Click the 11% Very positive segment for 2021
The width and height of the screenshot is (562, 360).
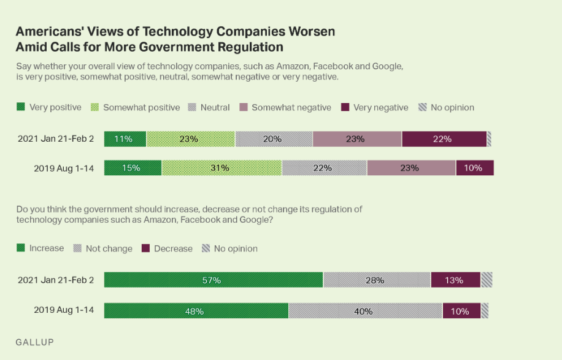[125, 139]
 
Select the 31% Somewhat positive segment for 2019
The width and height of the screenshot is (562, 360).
[221, 168]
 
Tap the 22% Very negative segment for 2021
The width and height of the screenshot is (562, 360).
[444, 139]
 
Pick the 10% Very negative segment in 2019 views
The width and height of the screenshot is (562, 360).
[474, 168]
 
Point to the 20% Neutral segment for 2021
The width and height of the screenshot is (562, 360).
[274, 139]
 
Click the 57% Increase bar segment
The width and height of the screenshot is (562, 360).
[214, 280]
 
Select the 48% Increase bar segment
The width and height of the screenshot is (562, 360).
[196, 311]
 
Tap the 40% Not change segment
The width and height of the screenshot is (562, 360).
[365, 311]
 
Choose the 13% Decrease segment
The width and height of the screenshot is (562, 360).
[455, 280]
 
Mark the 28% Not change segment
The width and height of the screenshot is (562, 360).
[377, 280]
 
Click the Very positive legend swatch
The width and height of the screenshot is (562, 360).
[21, 107]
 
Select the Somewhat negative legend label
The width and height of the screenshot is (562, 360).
[291, 108]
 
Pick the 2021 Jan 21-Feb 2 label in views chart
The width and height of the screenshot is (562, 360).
[56, 139]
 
